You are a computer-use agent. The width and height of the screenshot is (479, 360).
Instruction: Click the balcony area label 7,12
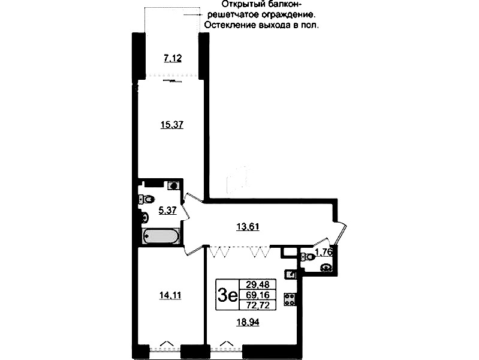click(x=173, y=58)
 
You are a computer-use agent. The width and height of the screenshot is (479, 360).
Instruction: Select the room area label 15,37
click(x=172, y=125)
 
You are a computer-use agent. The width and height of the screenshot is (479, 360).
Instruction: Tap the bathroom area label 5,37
click(x=167, y=210)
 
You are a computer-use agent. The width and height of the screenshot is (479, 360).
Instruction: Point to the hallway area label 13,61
click(x=248, y=227)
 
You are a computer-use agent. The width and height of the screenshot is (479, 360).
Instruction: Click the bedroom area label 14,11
click(x=170, y=295)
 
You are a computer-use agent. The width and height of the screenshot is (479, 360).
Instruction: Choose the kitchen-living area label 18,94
click(x=248, y=322)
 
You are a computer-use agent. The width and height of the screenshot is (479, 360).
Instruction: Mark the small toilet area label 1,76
click(x=324, y=252)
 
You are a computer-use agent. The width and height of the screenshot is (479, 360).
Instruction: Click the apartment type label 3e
click(x=227, y=295)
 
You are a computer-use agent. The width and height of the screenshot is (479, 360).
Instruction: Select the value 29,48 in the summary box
click(x=258, y=284)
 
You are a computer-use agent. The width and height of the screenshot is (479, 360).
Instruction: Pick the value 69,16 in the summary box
click(x=258, y=295)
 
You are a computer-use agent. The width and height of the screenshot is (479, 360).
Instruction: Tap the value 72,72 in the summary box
click(x=258, y=305)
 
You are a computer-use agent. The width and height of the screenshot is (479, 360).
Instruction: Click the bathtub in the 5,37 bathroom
click(x=161, y=236)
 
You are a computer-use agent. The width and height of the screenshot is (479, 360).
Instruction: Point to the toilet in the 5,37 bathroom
click(x=146, y=200)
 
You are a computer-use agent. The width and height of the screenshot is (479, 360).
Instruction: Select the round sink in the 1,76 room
click(x=327, y=268)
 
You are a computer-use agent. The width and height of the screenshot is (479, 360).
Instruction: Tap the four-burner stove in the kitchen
click(x=290, y=299)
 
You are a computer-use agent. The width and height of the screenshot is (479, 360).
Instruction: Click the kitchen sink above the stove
click(x=290, y=274)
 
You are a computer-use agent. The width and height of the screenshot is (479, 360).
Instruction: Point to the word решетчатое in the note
click(x=233, y=15)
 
